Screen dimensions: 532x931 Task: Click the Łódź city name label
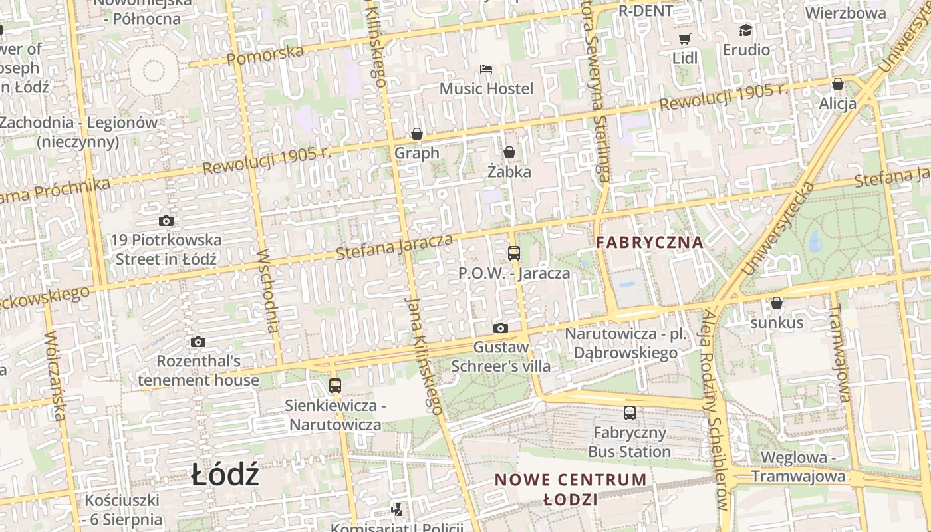tap(225, 475)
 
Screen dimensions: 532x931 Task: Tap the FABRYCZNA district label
tap(649, 242)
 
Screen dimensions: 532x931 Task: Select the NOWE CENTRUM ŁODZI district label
tap(571, 489)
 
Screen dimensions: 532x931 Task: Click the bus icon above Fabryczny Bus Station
tap(630, 413)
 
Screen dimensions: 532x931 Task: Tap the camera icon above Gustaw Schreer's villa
tap(501, 328)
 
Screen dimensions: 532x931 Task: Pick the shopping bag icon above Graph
tap(417, 134)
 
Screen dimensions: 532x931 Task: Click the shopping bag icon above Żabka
tap(509, 153)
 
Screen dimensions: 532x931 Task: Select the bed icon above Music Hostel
tap(486, 69)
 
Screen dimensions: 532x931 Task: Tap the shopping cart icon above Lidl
tap(684, 39)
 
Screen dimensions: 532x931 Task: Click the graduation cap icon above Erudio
tap(745, 31)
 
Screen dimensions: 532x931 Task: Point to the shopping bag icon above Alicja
tap(838, 84)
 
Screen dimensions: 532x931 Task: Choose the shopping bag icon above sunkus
tap(776, 303)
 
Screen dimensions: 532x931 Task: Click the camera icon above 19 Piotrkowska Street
tap(166, 221)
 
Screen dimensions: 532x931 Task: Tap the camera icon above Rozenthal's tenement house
tap(198, 342)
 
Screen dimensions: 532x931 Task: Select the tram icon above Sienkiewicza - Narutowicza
tap(335, 386)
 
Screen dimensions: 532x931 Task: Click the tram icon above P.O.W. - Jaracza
tap(514, 253)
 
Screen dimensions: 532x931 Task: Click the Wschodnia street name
tap(267, 291)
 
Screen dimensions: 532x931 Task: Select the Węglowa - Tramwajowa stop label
tap(798, 467)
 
